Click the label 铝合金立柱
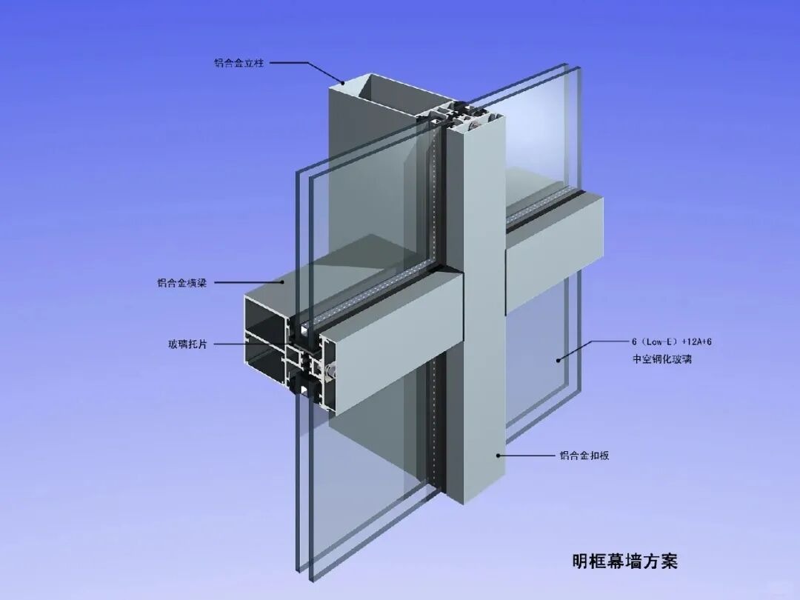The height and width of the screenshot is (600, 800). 239,63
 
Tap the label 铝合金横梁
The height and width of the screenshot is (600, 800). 181,282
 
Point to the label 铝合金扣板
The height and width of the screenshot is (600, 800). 584,456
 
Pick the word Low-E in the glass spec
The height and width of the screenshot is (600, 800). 661,342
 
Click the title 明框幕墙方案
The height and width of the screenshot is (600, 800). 624,561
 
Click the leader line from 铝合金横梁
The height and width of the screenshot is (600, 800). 249,282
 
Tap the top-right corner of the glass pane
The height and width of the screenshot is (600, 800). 578,68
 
